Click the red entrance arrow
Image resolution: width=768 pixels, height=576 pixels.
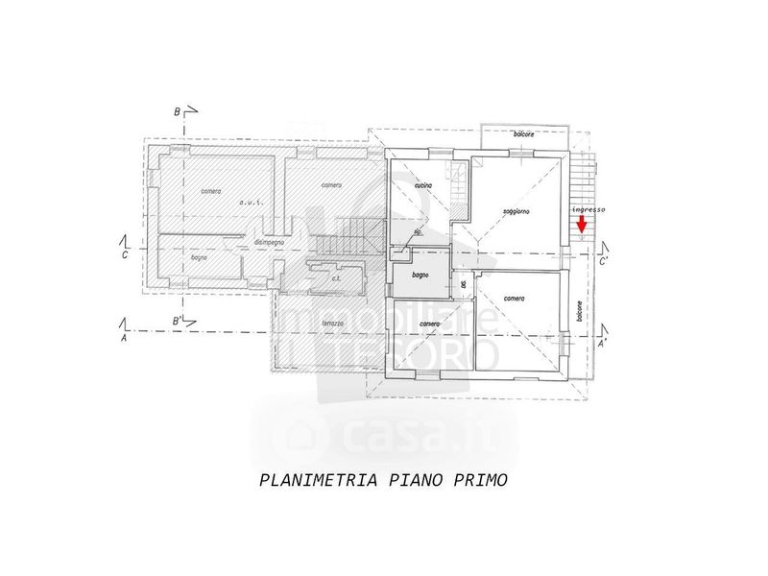(582, 225)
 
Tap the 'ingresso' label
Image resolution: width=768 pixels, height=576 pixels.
(588, 209)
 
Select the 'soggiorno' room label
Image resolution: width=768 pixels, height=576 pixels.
(516, 211)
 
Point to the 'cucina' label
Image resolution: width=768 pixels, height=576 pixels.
(422, 184)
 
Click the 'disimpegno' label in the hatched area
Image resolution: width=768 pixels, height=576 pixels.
(268, 243)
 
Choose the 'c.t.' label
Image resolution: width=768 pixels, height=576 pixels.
(337, 279)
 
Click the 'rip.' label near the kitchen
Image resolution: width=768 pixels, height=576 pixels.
(418, 231)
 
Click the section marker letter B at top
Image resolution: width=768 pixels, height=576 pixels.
(177, 112)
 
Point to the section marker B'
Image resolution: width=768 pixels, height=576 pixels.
(177, 320)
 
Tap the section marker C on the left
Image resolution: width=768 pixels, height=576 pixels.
(124, 256)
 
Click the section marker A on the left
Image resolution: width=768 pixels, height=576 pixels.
(124, 339)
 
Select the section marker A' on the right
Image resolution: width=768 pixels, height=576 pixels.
(602, 342)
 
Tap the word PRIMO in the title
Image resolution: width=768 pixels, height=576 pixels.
(476, 480)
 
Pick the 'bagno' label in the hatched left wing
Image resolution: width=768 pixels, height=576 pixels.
(200, 257)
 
